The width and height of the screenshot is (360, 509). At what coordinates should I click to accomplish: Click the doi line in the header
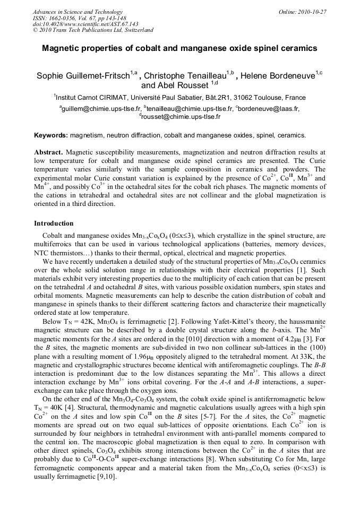coord(85,24)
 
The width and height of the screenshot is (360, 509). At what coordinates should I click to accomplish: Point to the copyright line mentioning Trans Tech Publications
coord(93,30)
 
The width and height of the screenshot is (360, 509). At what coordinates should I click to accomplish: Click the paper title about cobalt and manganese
coord(179,48)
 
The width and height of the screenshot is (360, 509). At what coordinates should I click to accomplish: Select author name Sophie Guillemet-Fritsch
coord(83,76)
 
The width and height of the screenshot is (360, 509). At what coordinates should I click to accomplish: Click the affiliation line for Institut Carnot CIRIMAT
coord(179,98)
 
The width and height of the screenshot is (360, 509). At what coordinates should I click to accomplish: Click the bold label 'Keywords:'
coord(51,135)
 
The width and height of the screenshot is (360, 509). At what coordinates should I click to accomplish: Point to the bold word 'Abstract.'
coord(49,152)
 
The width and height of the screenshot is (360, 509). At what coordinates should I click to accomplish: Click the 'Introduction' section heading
coord(54,223)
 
